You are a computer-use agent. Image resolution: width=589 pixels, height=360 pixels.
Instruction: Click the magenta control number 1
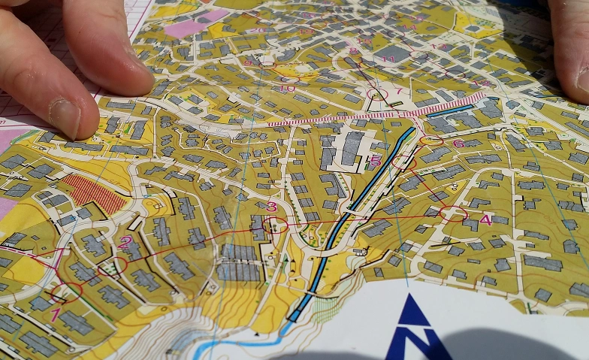pos(54,315)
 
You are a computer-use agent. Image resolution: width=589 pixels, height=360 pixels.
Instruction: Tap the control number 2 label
pos(125,242)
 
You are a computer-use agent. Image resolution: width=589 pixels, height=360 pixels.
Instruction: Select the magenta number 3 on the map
pos(272,207)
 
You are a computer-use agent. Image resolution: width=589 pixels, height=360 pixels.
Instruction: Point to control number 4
pos(485,219)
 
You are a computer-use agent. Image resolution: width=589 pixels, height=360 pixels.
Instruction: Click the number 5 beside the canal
pos(376,161)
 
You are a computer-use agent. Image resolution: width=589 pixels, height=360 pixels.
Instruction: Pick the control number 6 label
pos(458,144)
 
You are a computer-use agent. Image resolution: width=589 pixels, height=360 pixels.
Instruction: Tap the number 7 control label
pos(399,92)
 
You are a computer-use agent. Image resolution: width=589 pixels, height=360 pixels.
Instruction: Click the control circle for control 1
pos(66,292)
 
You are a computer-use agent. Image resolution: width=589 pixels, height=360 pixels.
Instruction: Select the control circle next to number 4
pos(453,213)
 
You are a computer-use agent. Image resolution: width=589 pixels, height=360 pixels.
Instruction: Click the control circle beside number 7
pos(378,94)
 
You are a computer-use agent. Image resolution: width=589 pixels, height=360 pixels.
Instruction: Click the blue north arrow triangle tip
pos(413,298)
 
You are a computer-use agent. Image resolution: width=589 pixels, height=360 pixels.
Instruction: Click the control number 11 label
pos(388,59)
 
